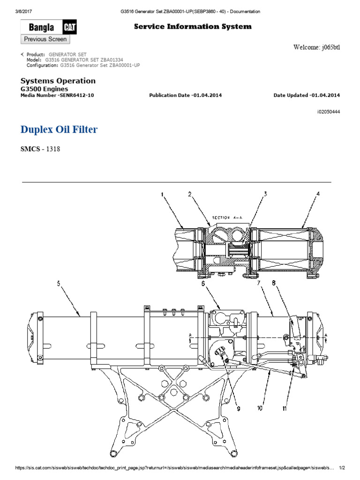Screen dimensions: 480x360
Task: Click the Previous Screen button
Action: (x=45, y=39)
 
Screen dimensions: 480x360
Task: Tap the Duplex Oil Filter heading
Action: (x=59, y=129)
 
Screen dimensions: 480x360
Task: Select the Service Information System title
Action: (x=193, y=27)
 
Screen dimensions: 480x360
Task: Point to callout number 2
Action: (x=190, y=194)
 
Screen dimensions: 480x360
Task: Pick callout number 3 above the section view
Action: (x=265, y=193)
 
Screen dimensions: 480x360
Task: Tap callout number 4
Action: (x=318, y=193)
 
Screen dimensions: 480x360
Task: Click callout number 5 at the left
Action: (x=59, y=283)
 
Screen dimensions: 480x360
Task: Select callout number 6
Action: (x=203, y=283)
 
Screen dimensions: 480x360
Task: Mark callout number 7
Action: (x=258, y=283)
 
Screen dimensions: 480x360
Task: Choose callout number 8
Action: (x=274, y=283)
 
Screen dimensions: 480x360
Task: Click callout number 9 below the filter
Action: (x=238, y=409)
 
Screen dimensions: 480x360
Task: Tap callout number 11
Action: (x=284, y=409)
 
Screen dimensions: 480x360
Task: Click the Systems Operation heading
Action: (x=58, y=81)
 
